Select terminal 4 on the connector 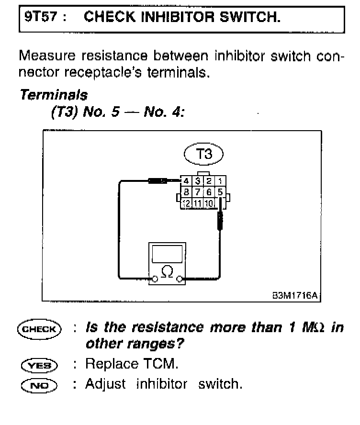186,181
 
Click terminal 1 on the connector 220,181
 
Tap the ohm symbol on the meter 167,272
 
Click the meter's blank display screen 167,253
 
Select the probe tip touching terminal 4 158,181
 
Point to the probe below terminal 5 220,222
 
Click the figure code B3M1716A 294,296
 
